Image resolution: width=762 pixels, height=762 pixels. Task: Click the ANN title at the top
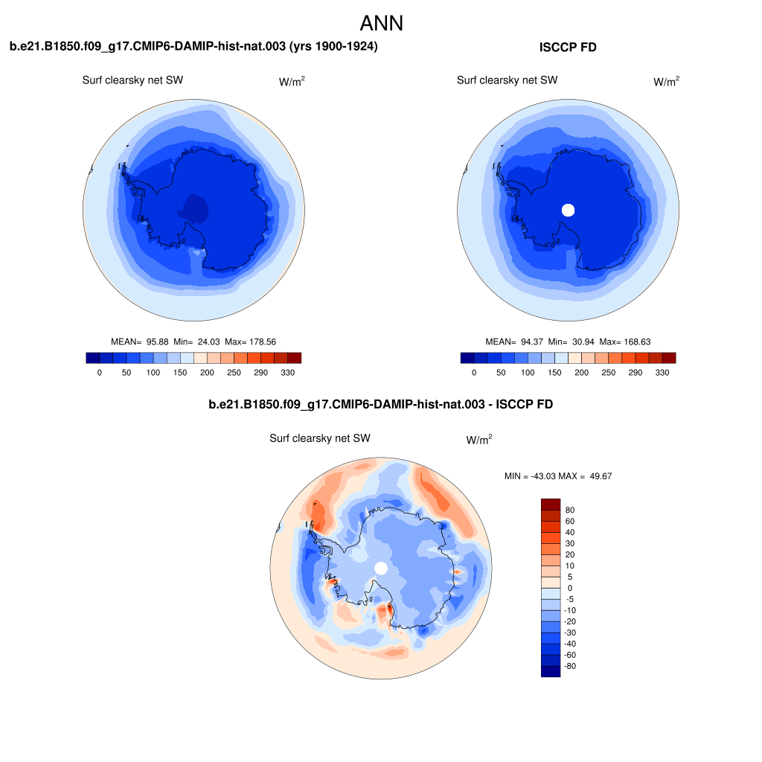381,23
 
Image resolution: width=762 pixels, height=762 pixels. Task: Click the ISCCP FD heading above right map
568,48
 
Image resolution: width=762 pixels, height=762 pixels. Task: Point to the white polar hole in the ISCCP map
569,210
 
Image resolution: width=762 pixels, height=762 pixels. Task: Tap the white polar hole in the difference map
381,569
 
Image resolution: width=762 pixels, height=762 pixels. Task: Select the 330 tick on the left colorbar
287,372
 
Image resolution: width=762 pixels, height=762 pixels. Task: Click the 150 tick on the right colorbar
554,372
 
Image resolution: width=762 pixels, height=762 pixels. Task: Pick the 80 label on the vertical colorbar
570,510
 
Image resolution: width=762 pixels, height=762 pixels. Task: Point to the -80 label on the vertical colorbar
570,666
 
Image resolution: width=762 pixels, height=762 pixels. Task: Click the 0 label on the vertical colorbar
570,588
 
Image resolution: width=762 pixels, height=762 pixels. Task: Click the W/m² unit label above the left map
292,82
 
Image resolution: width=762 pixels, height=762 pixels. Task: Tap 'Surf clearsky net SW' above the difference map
320,438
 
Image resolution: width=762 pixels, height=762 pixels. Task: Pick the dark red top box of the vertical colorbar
550,505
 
